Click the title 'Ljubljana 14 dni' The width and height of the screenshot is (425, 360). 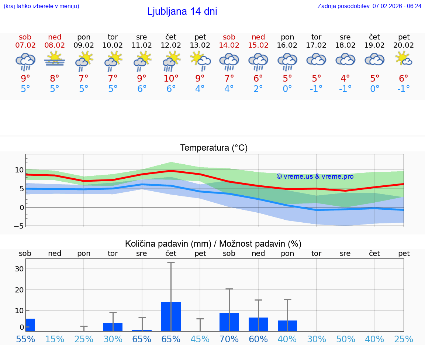point(182,11)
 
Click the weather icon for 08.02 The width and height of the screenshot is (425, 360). point(55,59)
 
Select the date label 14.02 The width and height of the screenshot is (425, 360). point(229,45)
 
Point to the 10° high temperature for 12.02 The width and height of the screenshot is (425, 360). point(171,78)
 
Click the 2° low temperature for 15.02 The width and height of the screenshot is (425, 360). point(258,89)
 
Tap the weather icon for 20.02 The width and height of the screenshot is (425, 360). point(404,59)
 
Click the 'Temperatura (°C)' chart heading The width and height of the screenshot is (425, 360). point(214,148)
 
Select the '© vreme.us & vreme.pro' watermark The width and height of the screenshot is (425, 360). point(315,176)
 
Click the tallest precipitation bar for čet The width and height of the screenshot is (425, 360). point(171,316)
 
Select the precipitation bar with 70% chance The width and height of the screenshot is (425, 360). point(229,322)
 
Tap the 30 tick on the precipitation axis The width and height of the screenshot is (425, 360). point(19,269)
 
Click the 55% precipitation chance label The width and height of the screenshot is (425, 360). point(25,339)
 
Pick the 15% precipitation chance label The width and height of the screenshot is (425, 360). point(55,339)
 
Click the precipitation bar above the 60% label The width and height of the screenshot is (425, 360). point(258,324)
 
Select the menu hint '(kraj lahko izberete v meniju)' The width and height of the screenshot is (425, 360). point(41,6)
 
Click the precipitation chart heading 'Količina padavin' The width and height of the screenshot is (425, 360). point(213,244)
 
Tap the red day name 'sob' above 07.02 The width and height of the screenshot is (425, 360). point(25,37)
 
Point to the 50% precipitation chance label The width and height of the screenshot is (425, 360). point(346,339)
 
